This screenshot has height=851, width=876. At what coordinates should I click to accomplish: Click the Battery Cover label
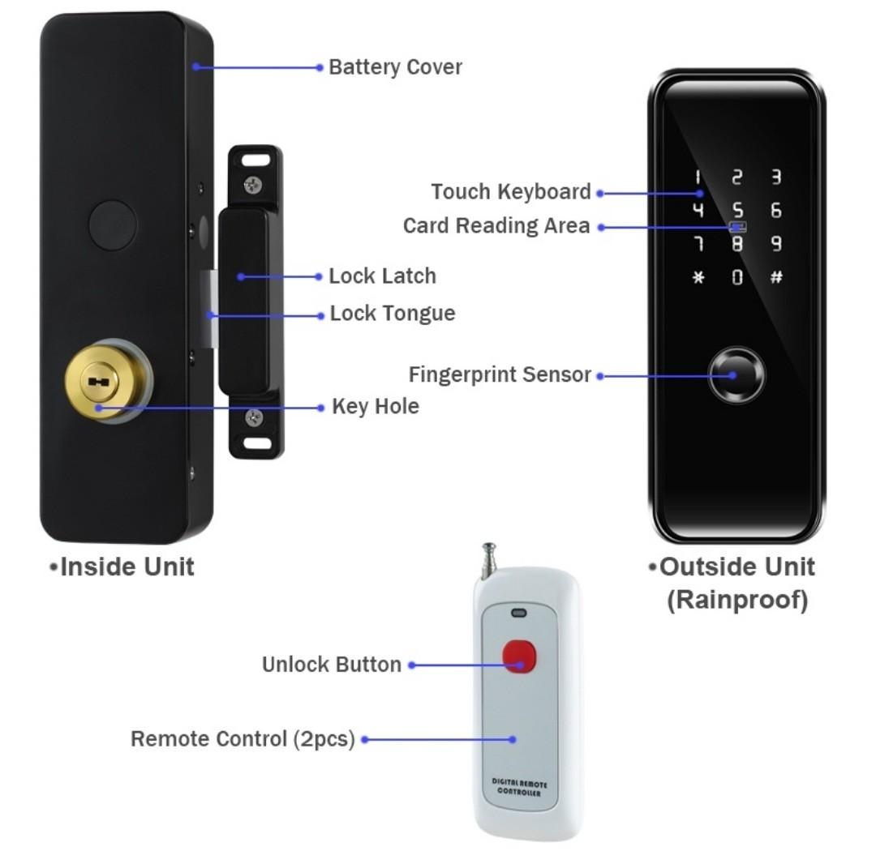pyautogui.click(x=395, y=67)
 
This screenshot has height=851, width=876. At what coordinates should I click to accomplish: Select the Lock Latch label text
pyautogui.click(x=382, y=276)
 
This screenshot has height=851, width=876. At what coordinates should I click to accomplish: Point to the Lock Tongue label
pyautogui.click(x=392, y=314)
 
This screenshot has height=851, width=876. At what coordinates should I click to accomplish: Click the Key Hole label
pyautogui.click(x=376, y=407)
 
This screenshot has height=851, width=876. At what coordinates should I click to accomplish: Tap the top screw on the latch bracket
pyautogui.click(x=255, y=184)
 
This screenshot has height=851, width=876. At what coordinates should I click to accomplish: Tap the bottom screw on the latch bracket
pyautogui.click(x=255, y=418)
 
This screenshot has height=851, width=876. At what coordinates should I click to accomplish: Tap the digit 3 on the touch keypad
pyautogui.click(x=775, y=177)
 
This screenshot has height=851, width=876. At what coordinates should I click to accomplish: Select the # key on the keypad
pyautogui.click(x=775, y=277)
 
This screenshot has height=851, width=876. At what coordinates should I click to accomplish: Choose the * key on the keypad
pyautogui.click(x=698, y=278)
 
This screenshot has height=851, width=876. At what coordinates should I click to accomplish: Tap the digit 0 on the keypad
pyautogui.click(x=736, y=278)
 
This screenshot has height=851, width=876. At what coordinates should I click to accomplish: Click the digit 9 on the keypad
pyautogui.click(x=775, y=243)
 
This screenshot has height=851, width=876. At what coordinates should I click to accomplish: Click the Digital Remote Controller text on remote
pyautogui.click(x=520, y=788)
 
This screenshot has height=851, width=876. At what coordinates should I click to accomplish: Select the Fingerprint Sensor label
pyautogui.click(x=500, y=375)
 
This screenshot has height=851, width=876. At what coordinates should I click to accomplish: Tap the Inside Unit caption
pyautogui.click(x=127, y=567)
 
